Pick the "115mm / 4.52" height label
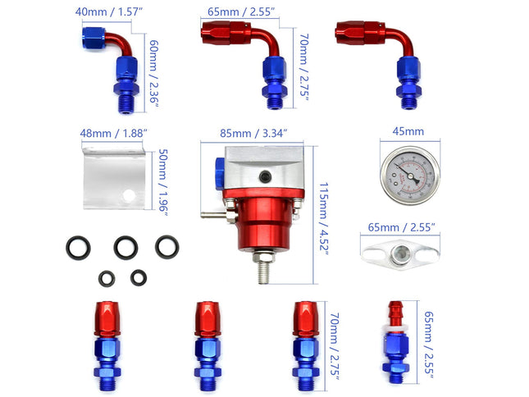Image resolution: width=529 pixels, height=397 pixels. pos(324,219)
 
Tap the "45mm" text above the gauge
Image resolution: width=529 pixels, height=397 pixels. pos(407,131)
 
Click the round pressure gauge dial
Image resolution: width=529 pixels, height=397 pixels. pos(407,175)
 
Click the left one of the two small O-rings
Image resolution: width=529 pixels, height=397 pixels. pos(107,279)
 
